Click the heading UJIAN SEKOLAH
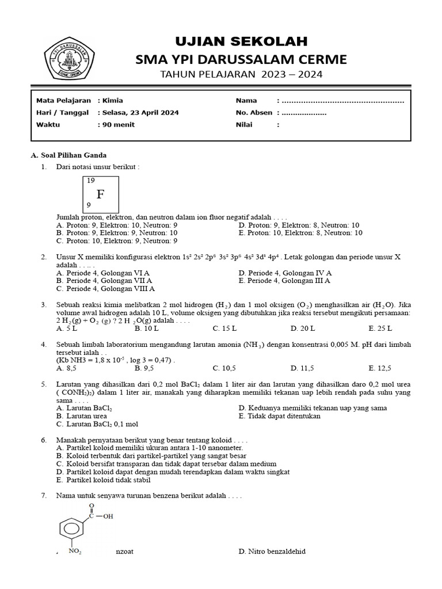click(241, 41)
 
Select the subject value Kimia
click(112, 101)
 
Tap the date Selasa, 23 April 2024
click(140, 113)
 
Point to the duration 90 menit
click(118, 125)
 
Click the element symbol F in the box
click(101, 194)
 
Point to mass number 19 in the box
click(90, 181)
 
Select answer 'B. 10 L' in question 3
click(146, 328)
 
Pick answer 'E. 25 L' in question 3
click(380, 328)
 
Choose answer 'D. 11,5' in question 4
click(306, 368)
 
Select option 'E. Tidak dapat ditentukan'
click(279, 416)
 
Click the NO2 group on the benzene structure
click(75, 551)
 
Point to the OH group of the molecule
click(107, 516)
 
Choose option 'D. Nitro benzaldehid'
click(272, 552)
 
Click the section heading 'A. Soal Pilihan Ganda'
click(68, 155)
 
